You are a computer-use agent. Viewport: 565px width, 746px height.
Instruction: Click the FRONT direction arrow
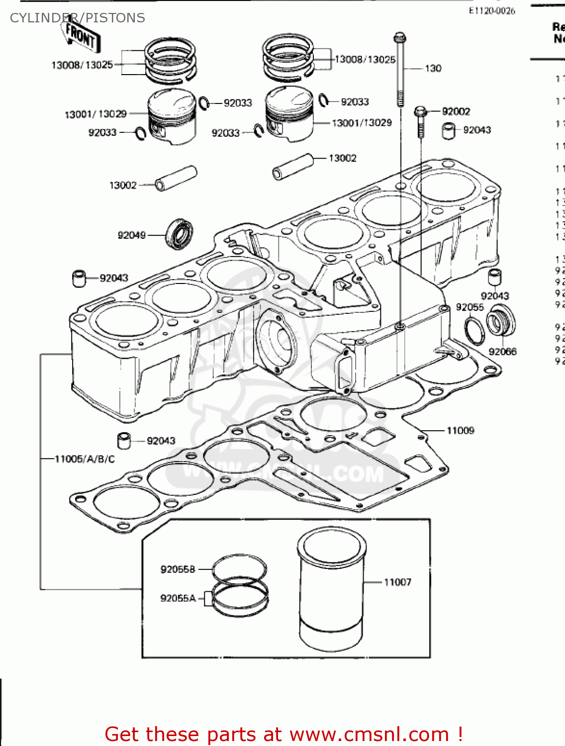(x=82, y=37)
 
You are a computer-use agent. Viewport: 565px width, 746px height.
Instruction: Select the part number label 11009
(x=460, y=431)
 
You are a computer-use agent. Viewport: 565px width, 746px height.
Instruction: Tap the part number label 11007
(x=397, y=582)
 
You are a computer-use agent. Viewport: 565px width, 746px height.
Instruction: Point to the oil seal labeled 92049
(x=179, y=234)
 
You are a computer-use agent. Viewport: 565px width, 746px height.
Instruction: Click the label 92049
(x=131, y=235)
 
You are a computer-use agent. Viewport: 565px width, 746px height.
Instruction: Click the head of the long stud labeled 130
(x=400, y=38)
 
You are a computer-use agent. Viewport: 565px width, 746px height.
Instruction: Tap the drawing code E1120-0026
(x=491, y=11)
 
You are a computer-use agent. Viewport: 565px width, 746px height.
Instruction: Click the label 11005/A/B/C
(x=85, y=459)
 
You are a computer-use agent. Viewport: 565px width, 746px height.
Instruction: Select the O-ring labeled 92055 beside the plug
(x=474, y=330)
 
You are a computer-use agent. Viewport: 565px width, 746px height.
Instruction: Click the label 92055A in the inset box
(x=178, y=598)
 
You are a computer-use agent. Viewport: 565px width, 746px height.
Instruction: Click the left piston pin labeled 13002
(x=176, y=179)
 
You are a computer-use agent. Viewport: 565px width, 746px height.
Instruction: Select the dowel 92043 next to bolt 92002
(x=448, y=130)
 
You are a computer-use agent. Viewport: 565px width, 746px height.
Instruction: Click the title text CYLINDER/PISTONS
(x=78, y=18)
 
